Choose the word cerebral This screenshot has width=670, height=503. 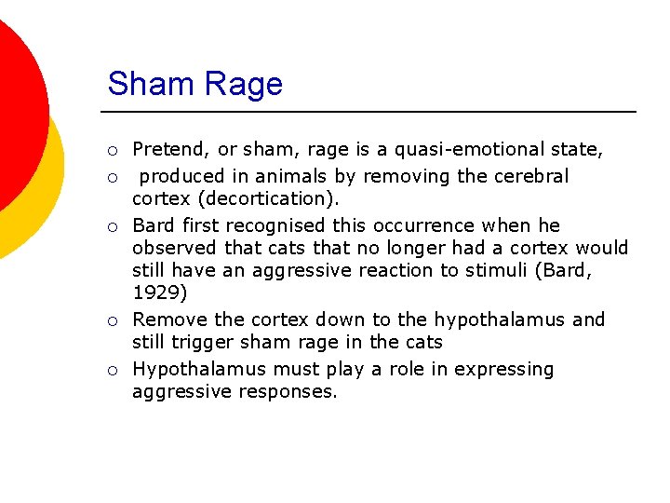(532, 176)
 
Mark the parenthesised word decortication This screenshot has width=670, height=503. (287, 198)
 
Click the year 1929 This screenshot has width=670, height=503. (158, 292)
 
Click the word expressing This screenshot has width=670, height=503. (504, 369)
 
